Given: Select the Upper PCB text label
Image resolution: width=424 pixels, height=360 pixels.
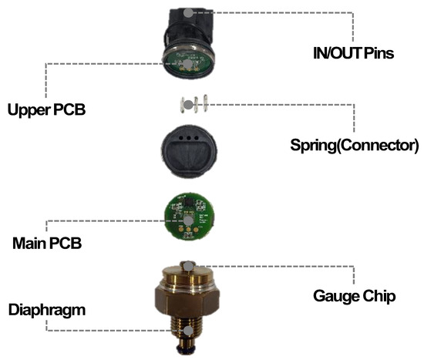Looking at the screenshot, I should (46, 109).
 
